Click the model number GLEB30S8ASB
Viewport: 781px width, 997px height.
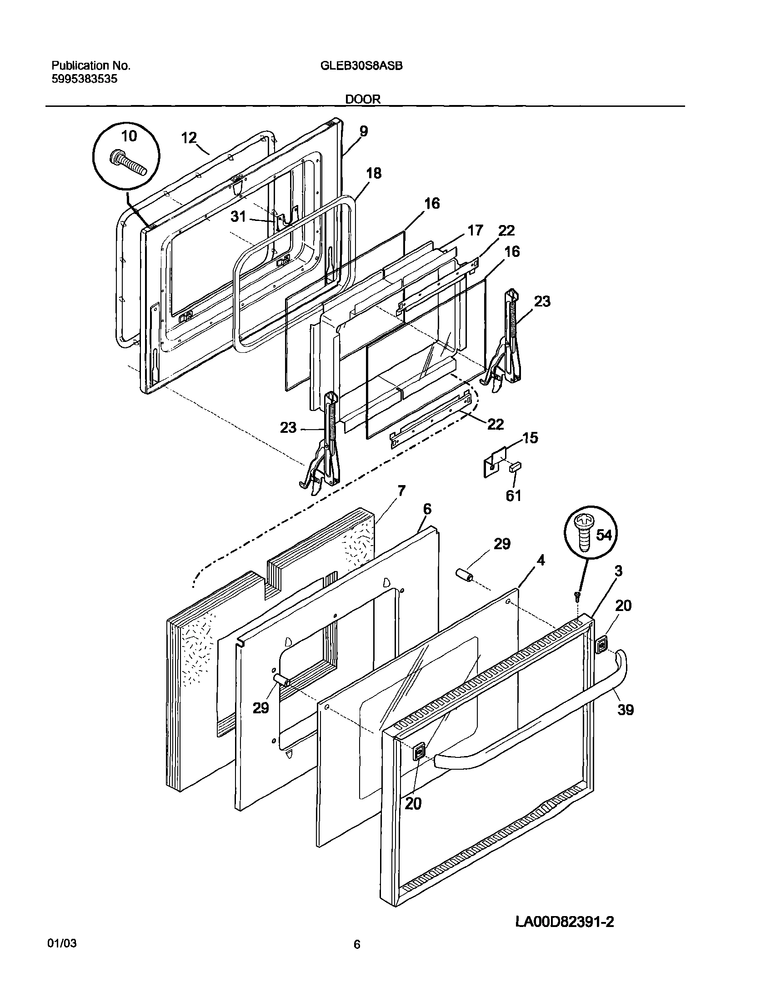point(361,66)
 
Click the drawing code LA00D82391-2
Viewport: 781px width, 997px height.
point(565,922)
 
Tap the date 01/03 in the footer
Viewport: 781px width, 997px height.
point(61,969)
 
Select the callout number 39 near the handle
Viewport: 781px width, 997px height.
point(626,710)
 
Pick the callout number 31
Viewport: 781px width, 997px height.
point(238,216)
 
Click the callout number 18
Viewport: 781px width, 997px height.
point(374,173)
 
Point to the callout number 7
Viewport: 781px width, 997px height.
point(401,491)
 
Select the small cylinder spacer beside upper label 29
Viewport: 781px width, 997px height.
point(464,576)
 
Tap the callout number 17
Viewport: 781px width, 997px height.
point(475,230)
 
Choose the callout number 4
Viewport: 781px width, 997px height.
point(541,560)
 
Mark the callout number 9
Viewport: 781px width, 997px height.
point(363,131)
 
